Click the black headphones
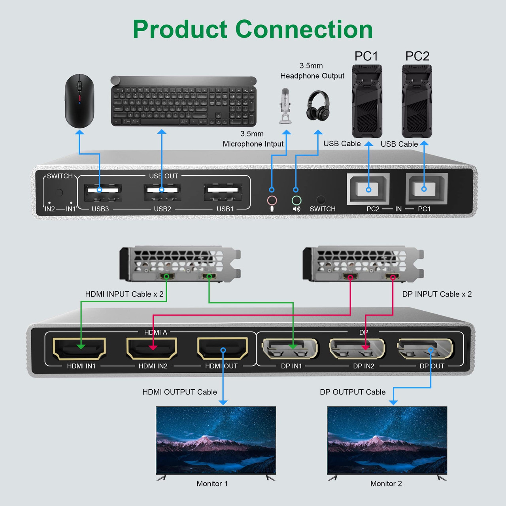tap(317, 106)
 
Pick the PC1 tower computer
tap(367, 101)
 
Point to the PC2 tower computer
tap(417, 101)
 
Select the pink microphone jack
tap(272, 200)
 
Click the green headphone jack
tap(296, 200)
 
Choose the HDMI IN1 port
tap(79, 348)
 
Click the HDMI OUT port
tap(223, 348)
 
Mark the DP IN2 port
tap(357, 348)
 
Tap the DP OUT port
tap(425, 348)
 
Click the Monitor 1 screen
tap(216, 440)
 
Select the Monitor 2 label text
tap(386, 483)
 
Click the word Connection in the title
tap(304, 29)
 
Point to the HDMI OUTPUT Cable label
tap(179, 392)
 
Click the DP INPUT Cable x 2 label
tap(437, 294)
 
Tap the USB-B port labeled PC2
tap(368, 189)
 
